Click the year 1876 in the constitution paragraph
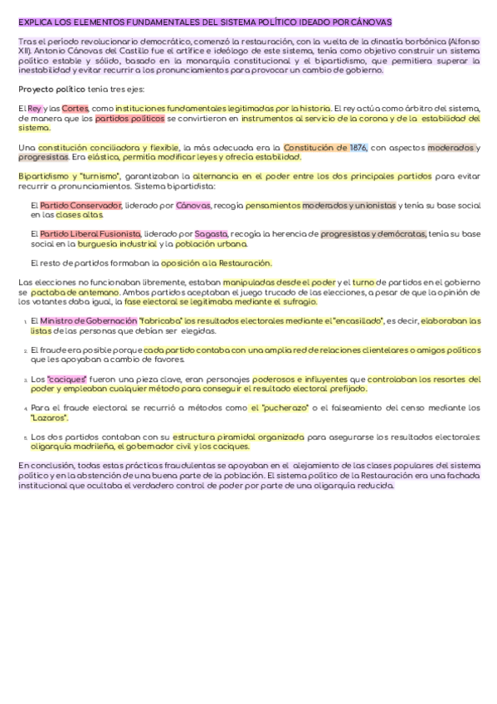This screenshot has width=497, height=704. [x=358, y=148]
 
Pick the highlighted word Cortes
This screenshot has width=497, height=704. [x=75, y=109]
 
